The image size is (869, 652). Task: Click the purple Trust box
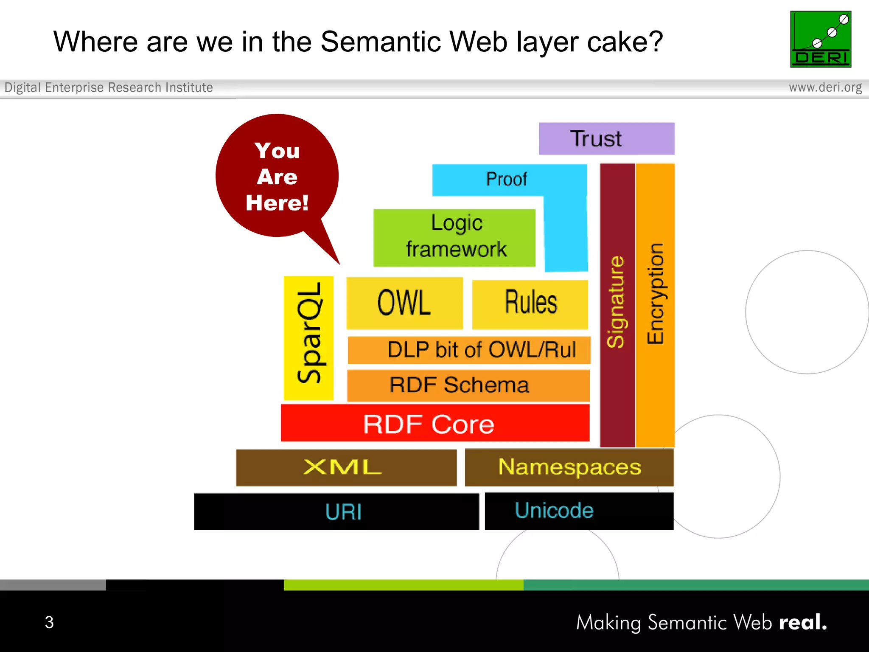pos(606,139)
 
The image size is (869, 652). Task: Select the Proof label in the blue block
pos(506,179)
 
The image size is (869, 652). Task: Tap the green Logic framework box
pos(454,237)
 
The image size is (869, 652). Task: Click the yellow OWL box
pos(404,303)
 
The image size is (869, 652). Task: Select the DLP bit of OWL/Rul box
pos(469,350)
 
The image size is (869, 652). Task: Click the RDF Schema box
pos(468,385)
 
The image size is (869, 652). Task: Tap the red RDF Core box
pos(435,423)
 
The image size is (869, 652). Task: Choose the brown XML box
pos(346,467)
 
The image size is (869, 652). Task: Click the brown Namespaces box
pos(569,467)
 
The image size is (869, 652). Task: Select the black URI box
pos(336,511)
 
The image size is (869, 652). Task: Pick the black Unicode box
pos(579,511)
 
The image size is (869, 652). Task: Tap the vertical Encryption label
pos(656,294)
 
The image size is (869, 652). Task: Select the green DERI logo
pos(820,39)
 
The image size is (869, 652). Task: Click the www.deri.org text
pos(825,87)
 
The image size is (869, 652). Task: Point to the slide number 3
pos(49,622)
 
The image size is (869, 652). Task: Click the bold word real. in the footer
pos(802,622)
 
